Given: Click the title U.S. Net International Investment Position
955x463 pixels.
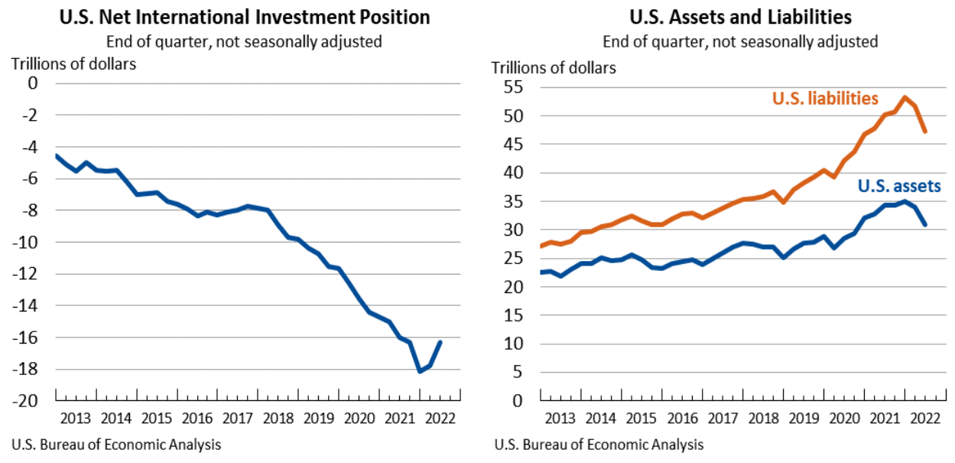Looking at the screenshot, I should click(x=244, y=17).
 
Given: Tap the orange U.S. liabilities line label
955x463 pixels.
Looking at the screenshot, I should click(x=825, y=99).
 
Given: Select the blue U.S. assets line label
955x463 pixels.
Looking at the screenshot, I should click(x=898, y=185).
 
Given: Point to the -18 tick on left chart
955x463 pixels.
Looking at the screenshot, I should click(x=27, y=370).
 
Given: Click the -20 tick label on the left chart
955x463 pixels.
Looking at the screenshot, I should click(x=27, y=401).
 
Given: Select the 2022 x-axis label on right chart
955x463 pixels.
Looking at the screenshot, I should click(x=922, y=419).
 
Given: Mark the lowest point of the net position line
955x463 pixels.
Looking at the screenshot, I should click(x=420, y=371).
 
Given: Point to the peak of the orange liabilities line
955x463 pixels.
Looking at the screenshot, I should click(x=905, y=97).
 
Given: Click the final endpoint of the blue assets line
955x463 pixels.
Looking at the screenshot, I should click(x=925, y=225).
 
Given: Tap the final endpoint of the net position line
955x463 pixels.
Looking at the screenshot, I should click(x=440, y=341).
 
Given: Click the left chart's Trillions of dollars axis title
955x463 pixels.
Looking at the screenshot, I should click(x=73, y=64).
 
